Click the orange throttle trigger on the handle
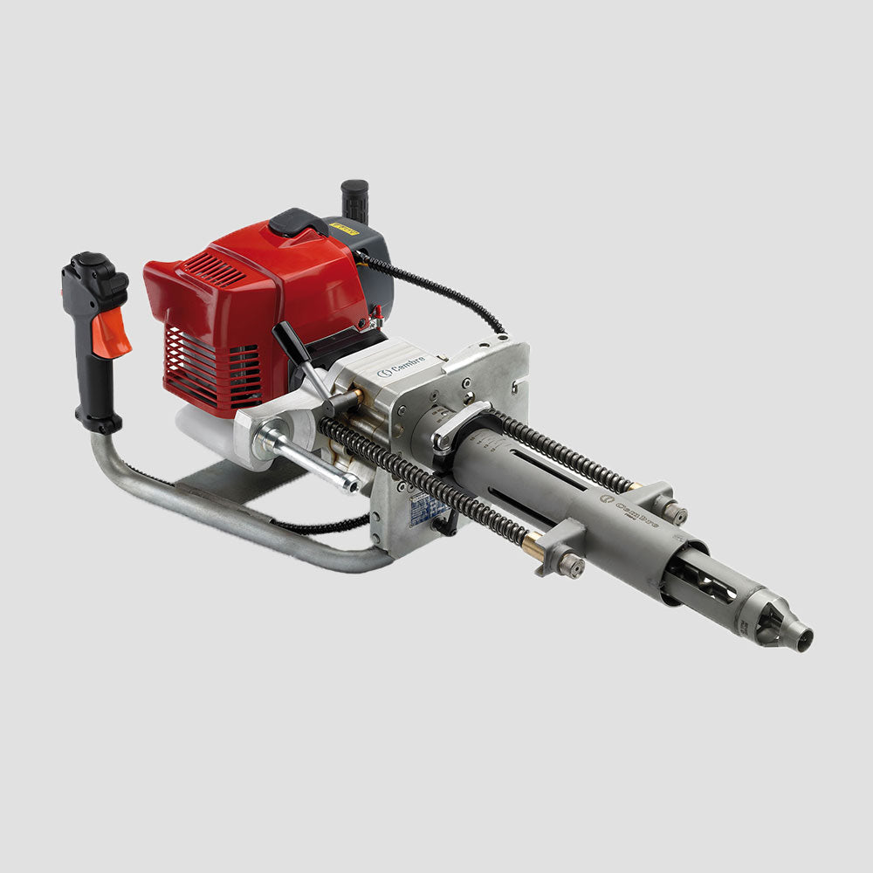click(112, 333)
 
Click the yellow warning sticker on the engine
click(345, 230)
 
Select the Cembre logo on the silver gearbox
click(401, 371)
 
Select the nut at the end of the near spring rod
click(571, 565)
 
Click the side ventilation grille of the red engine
click(212, 367)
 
